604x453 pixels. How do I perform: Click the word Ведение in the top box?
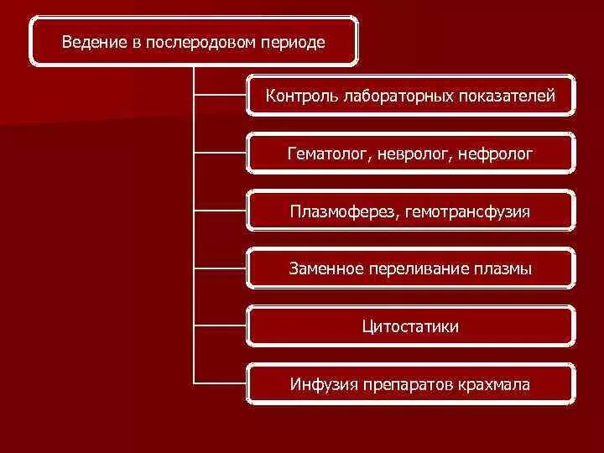89,41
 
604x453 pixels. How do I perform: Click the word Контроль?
301,96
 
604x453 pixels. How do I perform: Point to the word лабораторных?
397,96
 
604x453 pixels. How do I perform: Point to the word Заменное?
326,269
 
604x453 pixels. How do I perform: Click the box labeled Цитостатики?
411,326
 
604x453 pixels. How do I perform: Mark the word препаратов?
408,384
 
